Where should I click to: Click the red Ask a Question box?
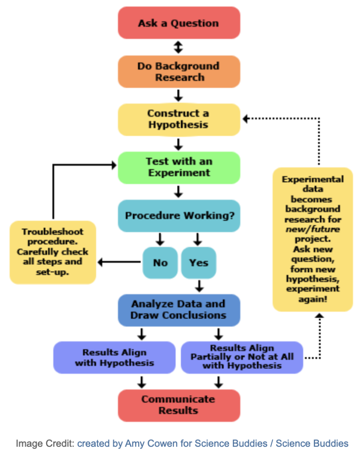[x=179, y=23]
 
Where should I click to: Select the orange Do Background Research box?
[x=179, y=72]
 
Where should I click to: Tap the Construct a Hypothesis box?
[x=179, y=119]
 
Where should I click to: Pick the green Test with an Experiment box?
[x=179, y=167]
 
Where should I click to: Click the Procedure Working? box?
[x=179, y=216]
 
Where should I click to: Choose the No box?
[x=160, y=263]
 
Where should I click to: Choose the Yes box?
[x=199, y=263]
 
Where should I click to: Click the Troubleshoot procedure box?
[x=52, y=252]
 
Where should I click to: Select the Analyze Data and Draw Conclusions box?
[x=179, y=310]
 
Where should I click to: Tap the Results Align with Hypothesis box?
[x=114, y=358]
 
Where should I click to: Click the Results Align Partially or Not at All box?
[x=242, y=358]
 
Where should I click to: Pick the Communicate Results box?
[x=179, y=405]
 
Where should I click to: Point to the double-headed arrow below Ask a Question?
[x=178, y=47]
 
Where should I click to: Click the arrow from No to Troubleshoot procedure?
[x=119, y=263]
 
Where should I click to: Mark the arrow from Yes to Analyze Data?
[x=199, y=286]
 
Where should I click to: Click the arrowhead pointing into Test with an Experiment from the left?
[x=113, y=165]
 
